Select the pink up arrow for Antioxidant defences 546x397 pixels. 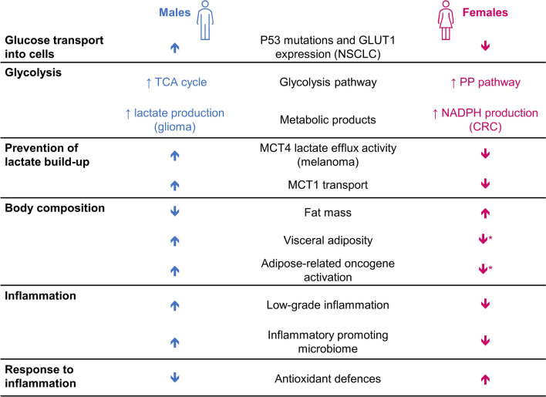(x=486, y=378)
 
